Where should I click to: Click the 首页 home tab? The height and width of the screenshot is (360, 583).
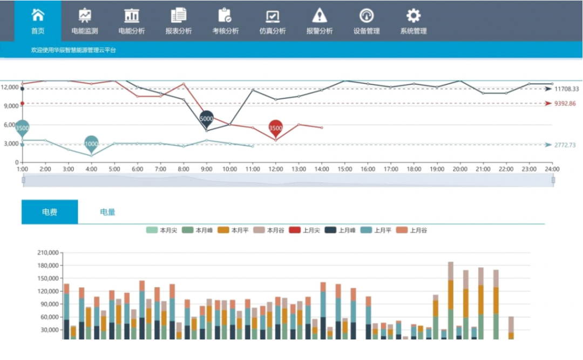(38, 22)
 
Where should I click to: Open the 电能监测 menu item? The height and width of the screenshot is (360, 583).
(85, 22)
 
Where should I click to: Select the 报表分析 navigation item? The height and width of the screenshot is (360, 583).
(179, 22)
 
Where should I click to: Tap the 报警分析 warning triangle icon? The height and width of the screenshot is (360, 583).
(320, 15)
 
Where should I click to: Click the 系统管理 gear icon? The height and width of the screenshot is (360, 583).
(413, 15)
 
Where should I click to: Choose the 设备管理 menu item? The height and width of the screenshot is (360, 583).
(367, 22)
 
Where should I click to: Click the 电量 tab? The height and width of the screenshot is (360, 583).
(107, 212)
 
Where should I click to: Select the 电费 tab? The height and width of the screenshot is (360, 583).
(50, 212)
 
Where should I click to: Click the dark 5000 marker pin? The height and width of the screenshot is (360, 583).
(207, 118)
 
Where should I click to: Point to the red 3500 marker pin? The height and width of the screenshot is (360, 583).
(275, 127)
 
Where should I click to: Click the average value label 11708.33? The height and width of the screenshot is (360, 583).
(566, 89)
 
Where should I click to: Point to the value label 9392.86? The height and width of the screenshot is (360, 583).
(565, 104)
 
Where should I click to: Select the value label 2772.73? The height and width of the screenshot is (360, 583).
(565, 145)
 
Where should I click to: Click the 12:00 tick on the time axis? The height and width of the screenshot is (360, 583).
(276, 169)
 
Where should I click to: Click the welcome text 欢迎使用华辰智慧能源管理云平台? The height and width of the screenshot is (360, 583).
(74, 50)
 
